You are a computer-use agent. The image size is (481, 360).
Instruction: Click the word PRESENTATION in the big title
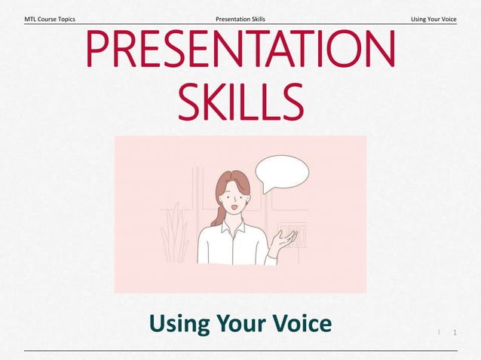[x=240, y=49]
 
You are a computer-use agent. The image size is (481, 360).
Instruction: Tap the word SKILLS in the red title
[x=240, y=102]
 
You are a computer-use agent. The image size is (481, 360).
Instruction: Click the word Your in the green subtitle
[x=240, y=323]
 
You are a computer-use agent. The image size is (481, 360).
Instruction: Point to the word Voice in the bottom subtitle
[x=300, y=323]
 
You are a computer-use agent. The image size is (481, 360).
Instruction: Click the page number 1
[x=455, y=332]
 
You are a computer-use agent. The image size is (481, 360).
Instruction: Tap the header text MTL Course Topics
[x=50, y=18]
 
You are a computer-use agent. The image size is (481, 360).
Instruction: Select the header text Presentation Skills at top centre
[x=240, y=18]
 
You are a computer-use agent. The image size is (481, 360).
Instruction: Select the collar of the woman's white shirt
[x=231, y=225]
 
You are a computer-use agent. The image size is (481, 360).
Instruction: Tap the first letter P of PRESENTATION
[x=100, y=49]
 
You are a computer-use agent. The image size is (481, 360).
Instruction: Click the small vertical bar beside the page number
[x=439, y=331]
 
